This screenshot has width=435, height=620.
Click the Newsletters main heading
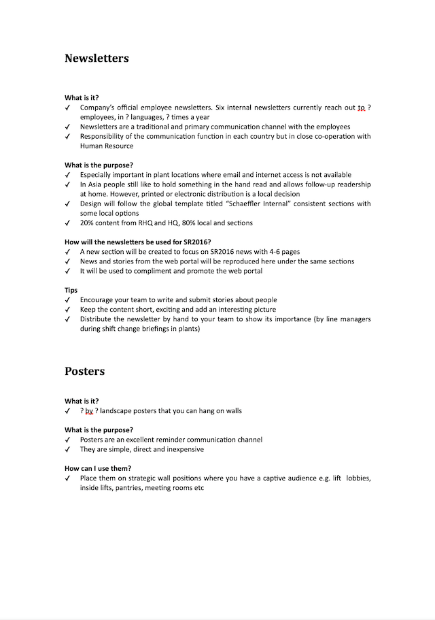(x=97, y=59)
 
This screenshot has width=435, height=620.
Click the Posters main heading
(x=85, y=372)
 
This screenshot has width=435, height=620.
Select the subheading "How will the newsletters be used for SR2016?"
(x=138, y=242)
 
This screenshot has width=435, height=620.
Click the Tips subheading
(x=71, y=290)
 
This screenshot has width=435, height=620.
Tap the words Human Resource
(x=107, y=146)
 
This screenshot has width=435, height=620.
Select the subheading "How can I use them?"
(x=98, y=468)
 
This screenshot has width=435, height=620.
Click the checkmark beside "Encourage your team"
(x=67, y=299)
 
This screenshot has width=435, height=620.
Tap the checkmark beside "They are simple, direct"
(x=67, y=449)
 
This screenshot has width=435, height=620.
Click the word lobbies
(x=358, y=478)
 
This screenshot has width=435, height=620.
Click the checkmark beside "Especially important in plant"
(x=67, y=175)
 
